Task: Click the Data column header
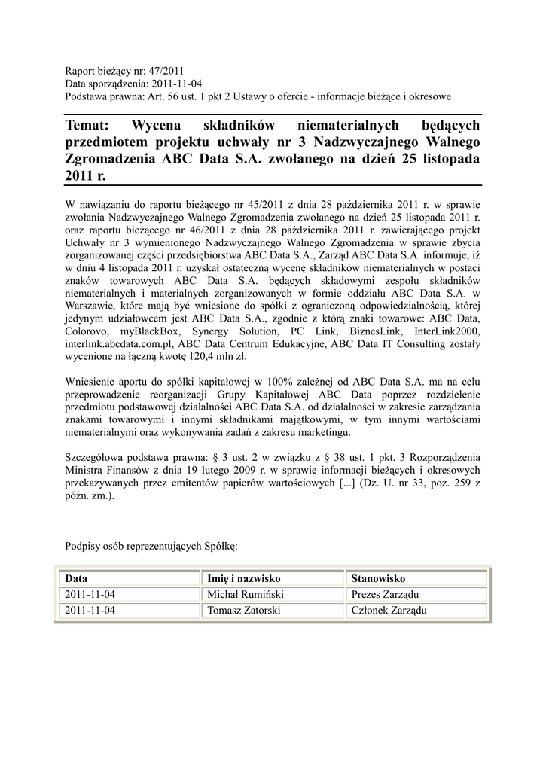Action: pos(77,578)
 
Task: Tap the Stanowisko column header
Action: pos(378,578)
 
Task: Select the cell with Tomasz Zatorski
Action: pos(243,610)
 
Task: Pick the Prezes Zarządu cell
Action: pos(386,594)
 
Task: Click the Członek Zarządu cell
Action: pos(389,610)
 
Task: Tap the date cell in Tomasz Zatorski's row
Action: pos(90,610)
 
